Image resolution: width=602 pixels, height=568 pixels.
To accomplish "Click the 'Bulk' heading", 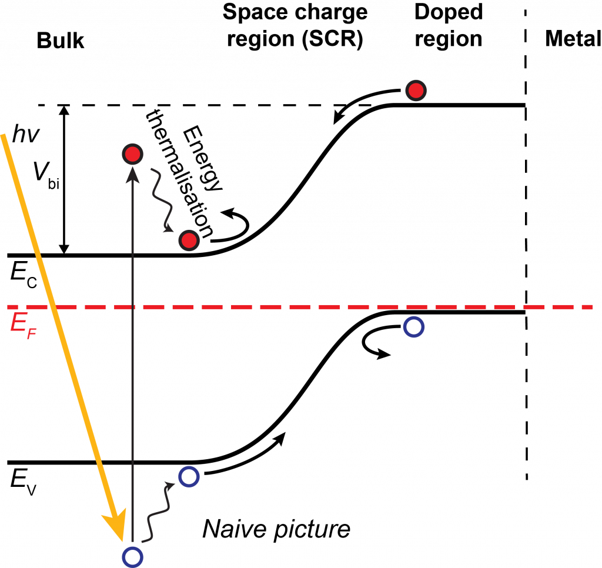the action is pos(61,41).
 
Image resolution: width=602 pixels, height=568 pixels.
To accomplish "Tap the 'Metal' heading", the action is pos(573,38).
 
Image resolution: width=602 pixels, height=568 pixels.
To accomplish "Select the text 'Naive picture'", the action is pos(276,530).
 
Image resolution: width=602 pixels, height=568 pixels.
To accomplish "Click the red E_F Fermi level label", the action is pos(23,325).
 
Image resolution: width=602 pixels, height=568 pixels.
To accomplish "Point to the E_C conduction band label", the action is pos(24,274).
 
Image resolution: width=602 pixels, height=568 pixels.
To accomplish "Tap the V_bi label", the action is pos(46,175).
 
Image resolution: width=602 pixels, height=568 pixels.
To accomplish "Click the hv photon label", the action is pos(26,135).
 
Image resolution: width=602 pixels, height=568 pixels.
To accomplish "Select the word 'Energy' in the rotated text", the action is pos(202,158).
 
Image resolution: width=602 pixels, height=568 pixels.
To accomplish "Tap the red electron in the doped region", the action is pos(416,91).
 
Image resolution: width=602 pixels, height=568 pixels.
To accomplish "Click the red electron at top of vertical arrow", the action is pos(132,155).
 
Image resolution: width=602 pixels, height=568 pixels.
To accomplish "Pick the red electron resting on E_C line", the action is pos(189,241).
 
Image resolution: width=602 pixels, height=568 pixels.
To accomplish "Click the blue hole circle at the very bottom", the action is pos(132,557).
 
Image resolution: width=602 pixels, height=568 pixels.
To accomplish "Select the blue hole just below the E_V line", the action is pos(189,477).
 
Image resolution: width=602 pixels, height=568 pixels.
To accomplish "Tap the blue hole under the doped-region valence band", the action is pos(414,327).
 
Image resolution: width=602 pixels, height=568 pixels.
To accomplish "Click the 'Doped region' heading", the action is pos(449,25).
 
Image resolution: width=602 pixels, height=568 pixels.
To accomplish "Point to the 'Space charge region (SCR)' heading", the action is pos(295,26).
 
